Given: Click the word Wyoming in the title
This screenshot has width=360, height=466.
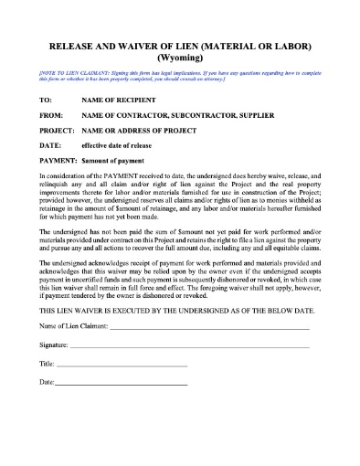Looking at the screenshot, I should point(180,56).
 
